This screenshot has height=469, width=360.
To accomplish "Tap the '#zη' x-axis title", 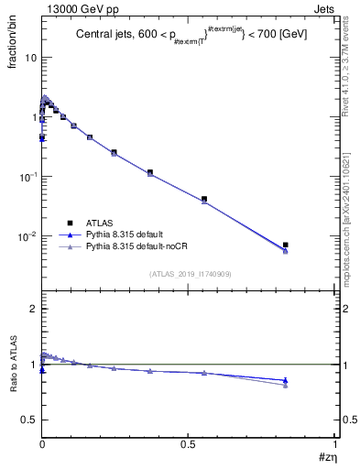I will click(325, 457).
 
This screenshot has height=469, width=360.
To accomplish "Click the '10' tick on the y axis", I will click(30, 57).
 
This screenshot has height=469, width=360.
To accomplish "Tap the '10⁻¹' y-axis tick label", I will click(27, 176).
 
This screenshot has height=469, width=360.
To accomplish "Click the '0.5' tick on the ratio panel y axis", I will click(30, 420).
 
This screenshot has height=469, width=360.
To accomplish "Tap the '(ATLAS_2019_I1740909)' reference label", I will click(191, 273).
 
